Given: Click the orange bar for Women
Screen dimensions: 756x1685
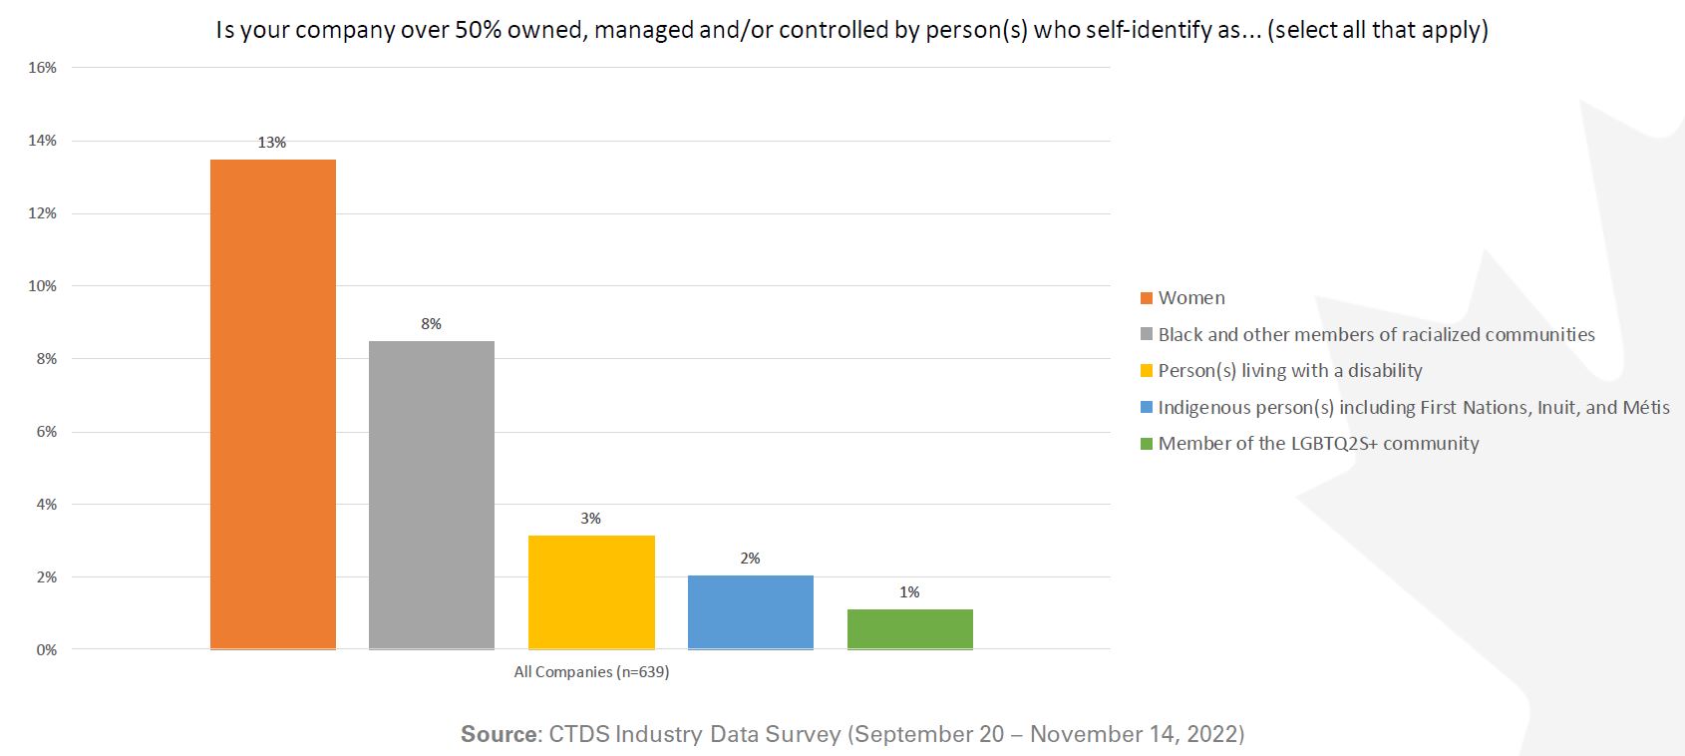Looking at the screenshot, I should coord(272,404).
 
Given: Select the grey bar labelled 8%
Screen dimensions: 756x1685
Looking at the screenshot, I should coord(431,495).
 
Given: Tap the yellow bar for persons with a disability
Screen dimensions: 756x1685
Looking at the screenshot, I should coord(591,592).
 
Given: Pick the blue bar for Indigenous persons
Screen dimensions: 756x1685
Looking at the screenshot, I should coord(750,612).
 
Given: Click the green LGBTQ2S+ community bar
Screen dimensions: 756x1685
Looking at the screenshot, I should coord(909,629).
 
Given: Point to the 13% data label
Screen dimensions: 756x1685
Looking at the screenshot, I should coord(271,143).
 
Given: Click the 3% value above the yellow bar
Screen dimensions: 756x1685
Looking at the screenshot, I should coord(590,519).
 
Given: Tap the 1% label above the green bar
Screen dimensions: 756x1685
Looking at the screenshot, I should coord(909,592).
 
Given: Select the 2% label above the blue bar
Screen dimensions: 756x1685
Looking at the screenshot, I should coord(750,559).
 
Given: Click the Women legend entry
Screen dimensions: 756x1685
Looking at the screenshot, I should coord(1190,298).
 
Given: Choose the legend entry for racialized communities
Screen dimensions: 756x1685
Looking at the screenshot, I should coord(1375,335).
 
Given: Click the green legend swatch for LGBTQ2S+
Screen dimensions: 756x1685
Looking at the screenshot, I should coord(1147,444).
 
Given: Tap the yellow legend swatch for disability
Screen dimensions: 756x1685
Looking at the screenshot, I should coord(1147,371).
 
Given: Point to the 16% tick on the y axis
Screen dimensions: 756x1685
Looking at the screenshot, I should coord(43,68).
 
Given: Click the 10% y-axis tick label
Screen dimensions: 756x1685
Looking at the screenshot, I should coord(43,286).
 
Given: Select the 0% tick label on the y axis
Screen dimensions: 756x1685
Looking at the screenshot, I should coord(47,650).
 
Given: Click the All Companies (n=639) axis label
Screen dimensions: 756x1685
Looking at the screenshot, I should coord(591,672).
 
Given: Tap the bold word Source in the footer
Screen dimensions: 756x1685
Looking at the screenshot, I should coord(499,735).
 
